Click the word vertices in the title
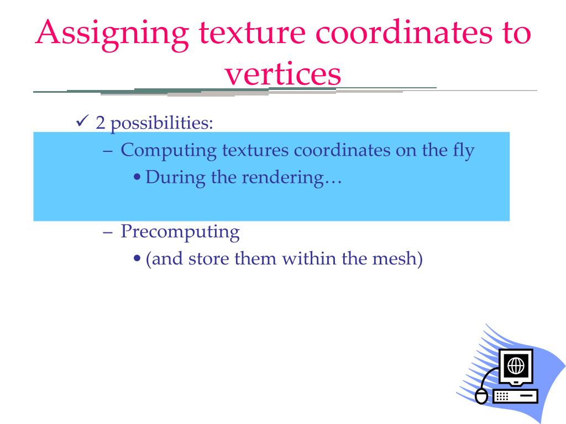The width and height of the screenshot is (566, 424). click(x=282, y=74)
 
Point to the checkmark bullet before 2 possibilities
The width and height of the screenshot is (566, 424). click(x=81, y=121)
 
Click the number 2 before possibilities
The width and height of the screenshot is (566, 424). click(x=100, y=123)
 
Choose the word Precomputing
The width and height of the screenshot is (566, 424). click(x=180, y=232)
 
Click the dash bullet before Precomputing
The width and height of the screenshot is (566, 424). click(x=108, y=232)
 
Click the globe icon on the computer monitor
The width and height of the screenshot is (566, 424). click(x=516, y=365)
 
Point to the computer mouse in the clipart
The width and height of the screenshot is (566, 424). click(x=483, y=396)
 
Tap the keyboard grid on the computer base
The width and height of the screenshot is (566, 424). click(x=502, y=396)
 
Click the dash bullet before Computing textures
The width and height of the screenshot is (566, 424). click(x=108, y=151)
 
